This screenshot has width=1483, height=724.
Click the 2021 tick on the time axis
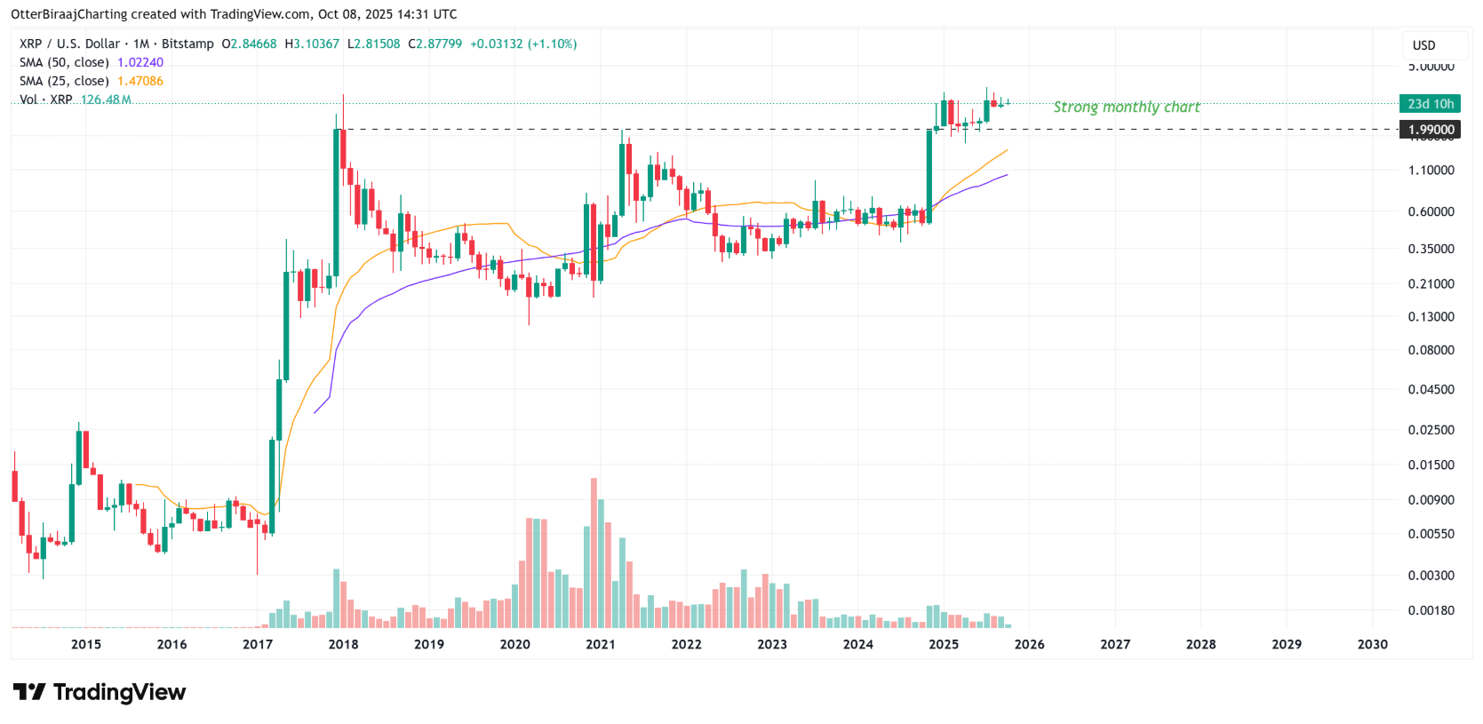[x=601, y=644]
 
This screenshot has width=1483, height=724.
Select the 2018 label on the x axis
[x=343, y=644]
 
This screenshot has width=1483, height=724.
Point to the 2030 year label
[x=1372, y=644]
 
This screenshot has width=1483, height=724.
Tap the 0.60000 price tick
[x=1431, y=211]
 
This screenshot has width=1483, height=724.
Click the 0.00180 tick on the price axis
[x=1431, y=610]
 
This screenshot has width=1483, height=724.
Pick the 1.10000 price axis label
[x=1431, y=170]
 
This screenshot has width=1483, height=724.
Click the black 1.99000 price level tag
[x=1431, y=130]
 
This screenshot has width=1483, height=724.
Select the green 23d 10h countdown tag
[x=1431, y=104]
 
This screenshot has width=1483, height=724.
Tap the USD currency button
[x=1423, y=45]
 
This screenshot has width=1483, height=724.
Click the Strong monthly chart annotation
[x=1126, y=107]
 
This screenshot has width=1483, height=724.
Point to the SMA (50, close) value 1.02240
[x=140, y=62]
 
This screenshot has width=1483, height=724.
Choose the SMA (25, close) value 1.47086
[x=140, y=81]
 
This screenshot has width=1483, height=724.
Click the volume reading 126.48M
[x=106, y=99]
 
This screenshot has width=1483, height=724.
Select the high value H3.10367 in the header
[x=312, y=44]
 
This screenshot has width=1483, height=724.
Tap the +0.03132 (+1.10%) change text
[x=523, y=44]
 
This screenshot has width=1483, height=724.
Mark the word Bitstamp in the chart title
[x=187, y=44]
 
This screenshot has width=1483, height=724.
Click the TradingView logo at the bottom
[x=100, y=692]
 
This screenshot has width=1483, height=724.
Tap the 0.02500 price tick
[x=1431, y=430]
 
